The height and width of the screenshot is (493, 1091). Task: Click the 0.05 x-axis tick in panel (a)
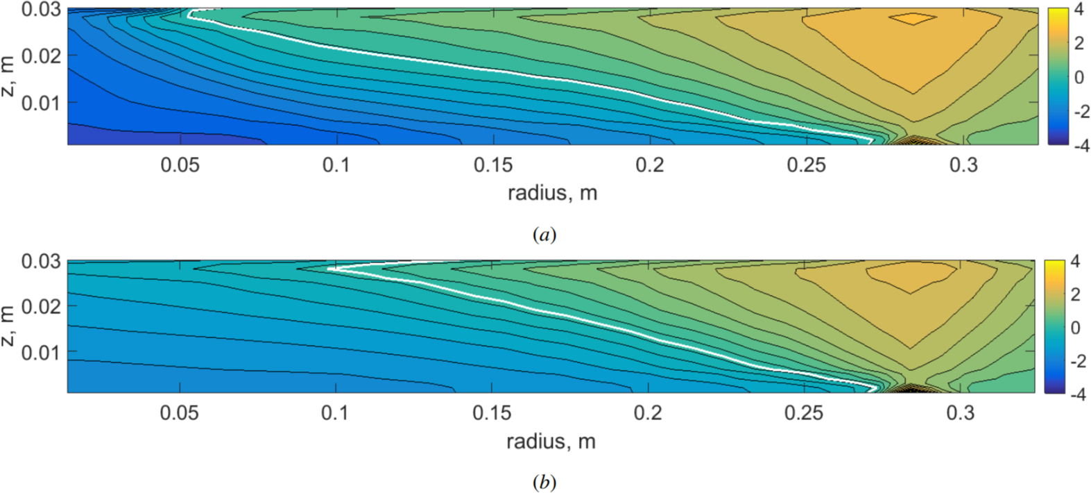click(180, 165)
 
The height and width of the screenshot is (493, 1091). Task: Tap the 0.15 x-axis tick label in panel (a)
click(493, 165)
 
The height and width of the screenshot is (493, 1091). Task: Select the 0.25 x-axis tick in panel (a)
click(807, 165)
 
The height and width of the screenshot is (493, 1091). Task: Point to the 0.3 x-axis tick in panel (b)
click(960, 413)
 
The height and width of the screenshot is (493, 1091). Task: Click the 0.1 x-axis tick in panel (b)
click(335, 413)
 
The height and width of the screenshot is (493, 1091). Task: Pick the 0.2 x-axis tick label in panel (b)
click(648, 413)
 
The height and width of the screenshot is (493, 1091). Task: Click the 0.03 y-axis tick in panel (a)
click(41, 10)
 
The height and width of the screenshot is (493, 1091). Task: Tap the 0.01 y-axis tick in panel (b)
click(41, 352)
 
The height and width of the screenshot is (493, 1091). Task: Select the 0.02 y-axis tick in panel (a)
click(41, 56)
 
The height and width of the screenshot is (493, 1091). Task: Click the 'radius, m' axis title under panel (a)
click(552, 192)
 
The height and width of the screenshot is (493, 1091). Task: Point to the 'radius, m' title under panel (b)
click(551, 441)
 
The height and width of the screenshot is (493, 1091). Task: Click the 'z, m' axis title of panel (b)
click(9, 326)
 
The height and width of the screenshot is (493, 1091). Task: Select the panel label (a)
click(544, 235)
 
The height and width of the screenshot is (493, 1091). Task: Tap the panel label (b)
click(544, 482)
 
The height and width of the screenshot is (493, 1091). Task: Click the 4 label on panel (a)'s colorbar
click(1079, 10)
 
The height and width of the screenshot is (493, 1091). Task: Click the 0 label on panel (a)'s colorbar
click(1079, 77)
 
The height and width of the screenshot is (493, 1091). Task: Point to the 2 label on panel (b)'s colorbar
click(1076, 294)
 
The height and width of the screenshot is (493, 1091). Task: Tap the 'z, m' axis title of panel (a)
click(9, 76)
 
